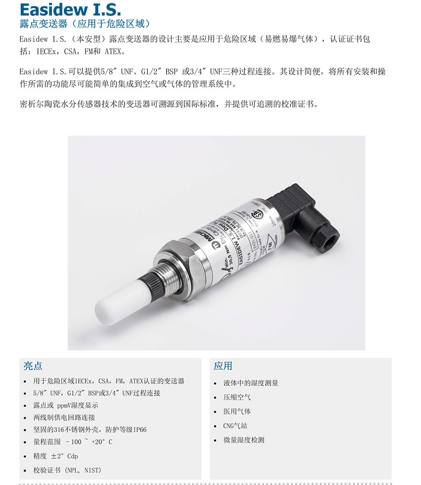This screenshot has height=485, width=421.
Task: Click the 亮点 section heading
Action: pyautogui.click(x=33, y=366)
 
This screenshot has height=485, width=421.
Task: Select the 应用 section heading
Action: pyautogui.click(x=223, y=366)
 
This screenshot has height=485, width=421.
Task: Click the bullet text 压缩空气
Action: pyautogui.click(x=237, y=397)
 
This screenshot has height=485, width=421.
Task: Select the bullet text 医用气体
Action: pyautogui.click(x=237, y=411)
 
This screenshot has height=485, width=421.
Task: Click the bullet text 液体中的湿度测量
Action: pyautogui.click(x=251, y=383)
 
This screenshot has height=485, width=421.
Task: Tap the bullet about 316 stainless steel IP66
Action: pyautogui.click(x=90, y=429)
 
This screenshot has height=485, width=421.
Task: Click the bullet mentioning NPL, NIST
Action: pyautogui.click(x=67, y=470)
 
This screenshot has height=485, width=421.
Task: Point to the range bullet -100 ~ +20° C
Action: pyautogui.click(x=73, y=442)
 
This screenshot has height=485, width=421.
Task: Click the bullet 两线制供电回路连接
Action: pyautogui.click(x=64, y=418)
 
